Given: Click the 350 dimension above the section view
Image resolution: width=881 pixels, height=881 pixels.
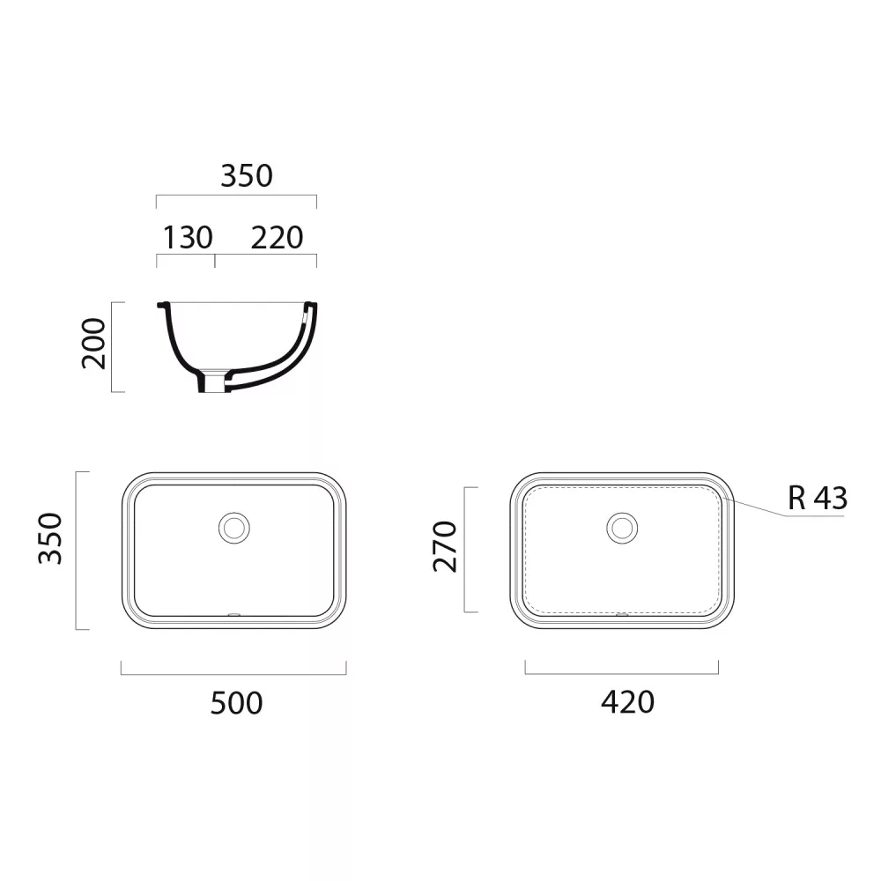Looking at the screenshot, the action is point(247,176).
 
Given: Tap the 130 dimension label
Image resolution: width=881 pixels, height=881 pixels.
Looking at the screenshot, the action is point(188,238).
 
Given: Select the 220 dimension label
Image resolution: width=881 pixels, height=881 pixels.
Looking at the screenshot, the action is point(277,238).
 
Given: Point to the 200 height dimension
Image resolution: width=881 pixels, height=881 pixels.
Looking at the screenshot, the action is point(94,344).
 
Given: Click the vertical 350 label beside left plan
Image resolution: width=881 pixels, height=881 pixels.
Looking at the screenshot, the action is point(50,538).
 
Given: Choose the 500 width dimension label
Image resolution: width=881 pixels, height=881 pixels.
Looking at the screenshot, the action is point(236,703).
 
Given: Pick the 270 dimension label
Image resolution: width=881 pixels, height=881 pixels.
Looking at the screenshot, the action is point(445,547).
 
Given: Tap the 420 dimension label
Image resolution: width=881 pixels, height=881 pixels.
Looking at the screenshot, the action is point(627,702).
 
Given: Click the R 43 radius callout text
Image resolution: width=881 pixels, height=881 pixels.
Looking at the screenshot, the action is point(818,498).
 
